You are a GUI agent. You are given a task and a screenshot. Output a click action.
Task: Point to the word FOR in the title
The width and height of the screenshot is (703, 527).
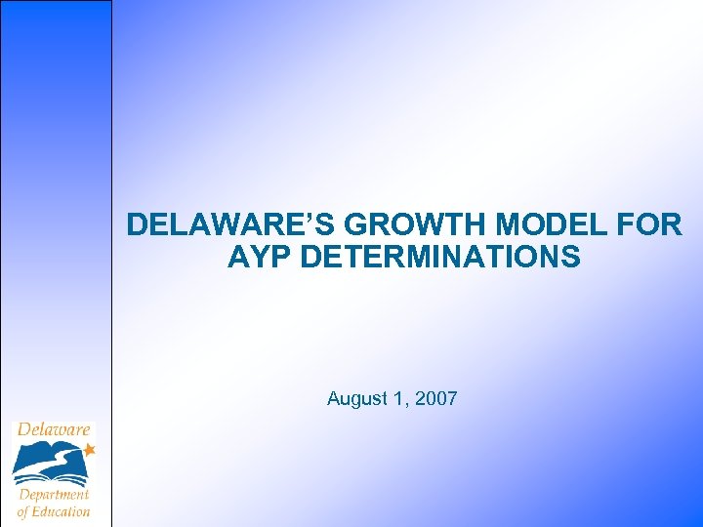click(x=652, y=225)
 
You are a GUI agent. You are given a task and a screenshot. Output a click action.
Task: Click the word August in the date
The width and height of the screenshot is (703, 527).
click(x=356, y=398)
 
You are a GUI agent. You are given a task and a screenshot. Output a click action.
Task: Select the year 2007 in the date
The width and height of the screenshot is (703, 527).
click(x=436, y=398)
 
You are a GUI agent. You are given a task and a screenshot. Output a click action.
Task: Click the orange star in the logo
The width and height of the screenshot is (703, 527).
click(x=89, y=450)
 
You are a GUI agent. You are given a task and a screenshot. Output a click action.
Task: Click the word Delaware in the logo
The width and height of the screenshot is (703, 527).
click(x=54, y=429)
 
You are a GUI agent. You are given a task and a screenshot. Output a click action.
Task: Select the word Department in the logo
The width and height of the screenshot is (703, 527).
click(x=54, y=495)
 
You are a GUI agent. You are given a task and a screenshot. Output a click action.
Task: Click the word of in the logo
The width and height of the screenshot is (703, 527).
click(x=22, y=510)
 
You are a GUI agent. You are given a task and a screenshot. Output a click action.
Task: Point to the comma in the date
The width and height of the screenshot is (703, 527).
click(x=409, y=404)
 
